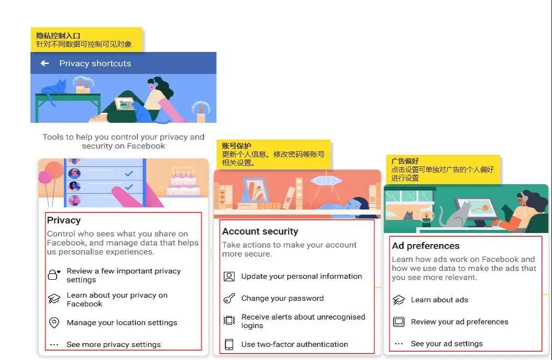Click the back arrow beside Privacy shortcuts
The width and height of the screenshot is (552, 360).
click(45, 63)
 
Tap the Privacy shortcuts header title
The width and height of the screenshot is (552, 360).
click(95, 63)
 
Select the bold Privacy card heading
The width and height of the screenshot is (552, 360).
click(64, 220)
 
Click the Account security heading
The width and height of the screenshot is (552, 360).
click(260, 231)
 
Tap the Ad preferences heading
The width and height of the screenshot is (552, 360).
click(426, 246)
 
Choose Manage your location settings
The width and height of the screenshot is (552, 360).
click(122, 323)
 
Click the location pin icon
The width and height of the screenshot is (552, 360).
click(54, 323)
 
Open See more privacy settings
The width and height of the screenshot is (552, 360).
click(113, 345)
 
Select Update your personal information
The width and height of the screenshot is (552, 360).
click(301, 277)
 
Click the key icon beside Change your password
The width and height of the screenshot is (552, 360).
click(229, 299)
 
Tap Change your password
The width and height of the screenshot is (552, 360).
click(282, 299)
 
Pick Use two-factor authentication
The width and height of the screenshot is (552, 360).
click(294, 345)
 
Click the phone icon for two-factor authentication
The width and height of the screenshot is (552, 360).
click(229, 345)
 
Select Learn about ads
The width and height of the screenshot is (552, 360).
click(439, 300)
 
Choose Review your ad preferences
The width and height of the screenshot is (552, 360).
click(459, 322)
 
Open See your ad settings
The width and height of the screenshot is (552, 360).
click(447, 344)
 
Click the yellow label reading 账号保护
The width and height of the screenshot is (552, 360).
click(236, 146)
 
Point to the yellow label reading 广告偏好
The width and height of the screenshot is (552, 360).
click(405, 161)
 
